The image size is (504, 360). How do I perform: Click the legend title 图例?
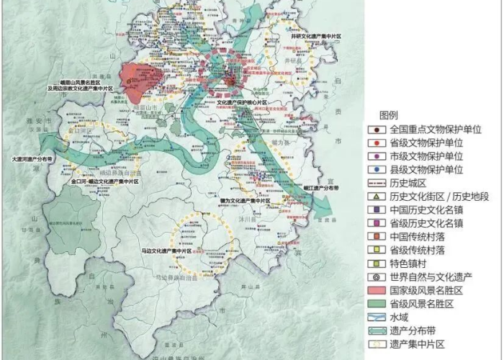tap(389, 115)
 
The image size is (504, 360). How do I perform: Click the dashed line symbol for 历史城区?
tap(376, 184)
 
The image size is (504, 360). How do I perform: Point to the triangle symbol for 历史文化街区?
tap(376, 197)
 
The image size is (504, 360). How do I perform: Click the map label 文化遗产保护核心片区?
tap(243, 103)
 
